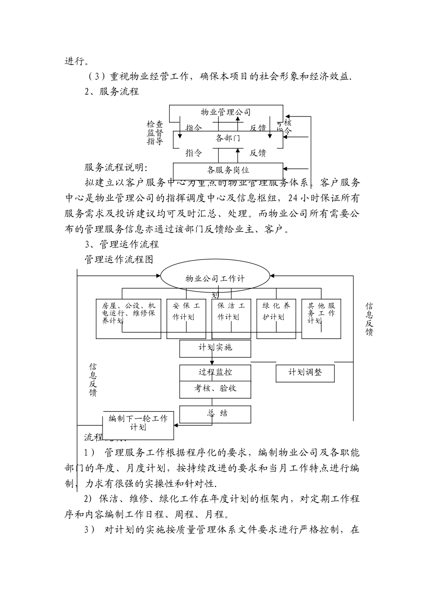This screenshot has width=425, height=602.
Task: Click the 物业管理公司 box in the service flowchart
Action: [226, 112]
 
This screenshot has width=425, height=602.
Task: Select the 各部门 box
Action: [228, 138]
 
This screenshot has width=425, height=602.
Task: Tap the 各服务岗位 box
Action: [228, 170]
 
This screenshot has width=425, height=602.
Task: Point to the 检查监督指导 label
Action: [155, 133]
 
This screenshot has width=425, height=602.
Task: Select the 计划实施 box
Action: [215, 348]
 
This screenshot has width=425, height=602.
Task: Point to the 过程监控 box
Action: [215, 373]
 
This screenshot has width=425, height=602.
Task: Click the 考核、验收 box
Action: [215, 389]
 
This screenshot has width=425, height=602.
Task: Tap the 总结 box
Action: [215, 413]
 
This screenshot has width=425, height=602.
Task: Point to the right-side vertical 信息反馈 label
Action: [369, 319]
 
